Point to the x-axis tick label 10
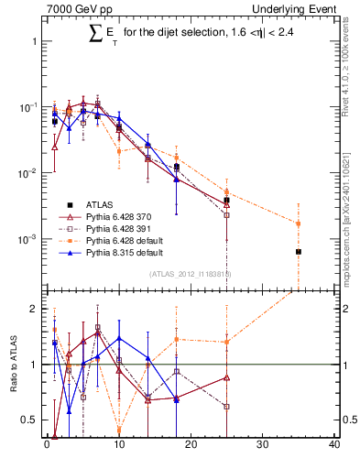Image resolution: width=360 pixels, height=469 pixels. coord(118,447)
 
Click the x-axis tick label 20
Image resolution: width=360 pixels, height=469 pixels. coord(191,447)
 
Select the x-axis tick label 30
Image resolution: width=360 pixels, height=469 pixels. coord(263,447)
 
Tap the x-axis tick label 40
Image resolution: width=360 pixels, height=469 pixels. coord(334,447)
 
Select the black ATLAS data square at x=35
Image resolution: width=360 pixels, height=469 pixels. coord(299,251)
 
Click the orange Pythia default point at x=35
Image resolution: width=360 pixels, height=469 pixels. coord(299,223)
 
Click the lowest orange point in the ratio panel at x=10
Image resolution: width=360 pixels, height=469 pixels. coord(119,429)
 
